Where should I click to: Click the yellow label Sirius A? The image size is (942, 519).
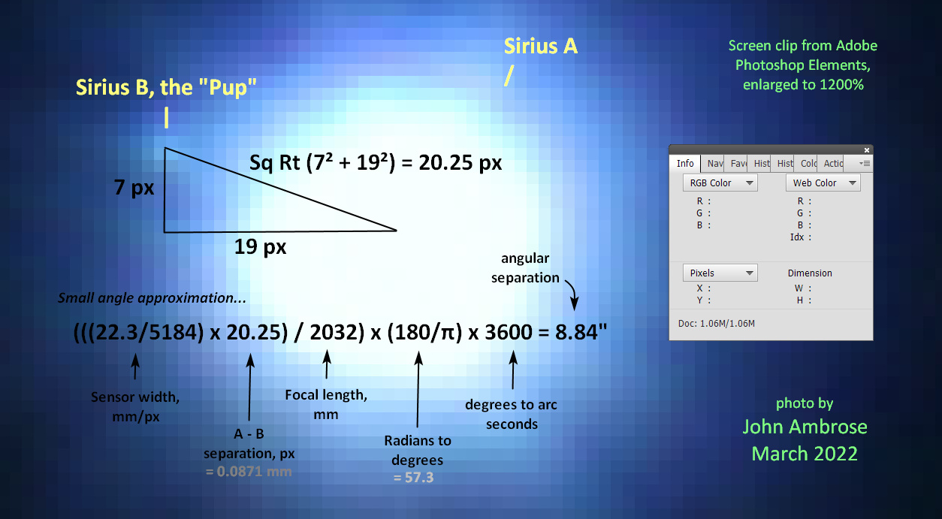pyautogui.click(x=541, y=46)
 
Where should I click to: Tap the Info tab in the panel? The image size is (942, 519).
pyautogui.click(x=685, y=163)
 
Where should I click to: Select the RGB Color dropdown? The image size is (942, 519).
pyautogui.click(x=720, y=183)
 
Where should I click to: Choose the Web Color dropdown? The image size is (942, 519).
pyautogui.click(x=823, y=183)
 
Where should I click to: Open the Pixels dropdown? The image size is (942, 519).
pyautogui.click(x=720, y=273)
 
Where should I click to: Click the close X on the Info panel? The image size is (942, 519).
pyautogui.click(x=867, y=150)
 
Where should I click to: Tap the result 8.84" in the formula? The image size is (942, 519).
pyautogui.click(x=581, y=332)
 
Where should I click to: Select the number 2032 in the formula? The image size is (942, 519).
pyautogui.click(x=334, y=332)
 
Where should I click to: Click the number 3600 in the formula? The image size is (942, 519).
pyautogui.click(x=509, y=332)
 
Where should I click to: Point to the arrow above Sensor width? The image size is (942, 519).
pyautogui.click(x=135, y=367)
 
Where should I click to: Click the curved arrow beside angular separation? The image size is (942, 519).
pyautogui.click(x=572, y=294)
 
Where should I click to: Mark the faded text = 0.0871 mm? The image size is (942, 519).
pyautogui.click(x=249, y=472)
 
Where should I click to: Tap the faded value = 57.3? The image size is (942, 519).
pyautogui.click(x=413, y=478)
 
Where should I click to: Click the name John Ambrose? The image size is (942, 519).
pyautogui.click(x=805, y=427)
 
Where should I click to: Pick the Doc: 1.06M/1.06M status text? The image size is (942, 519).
pyautogui.click(x=716, y=324)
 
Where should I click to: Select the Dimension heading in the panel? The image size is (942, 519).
pyautogui.click(x=810, y=273)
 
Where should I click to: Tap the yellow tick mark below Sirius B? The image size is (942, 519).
pyautogui.click(x=167, y=118)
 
